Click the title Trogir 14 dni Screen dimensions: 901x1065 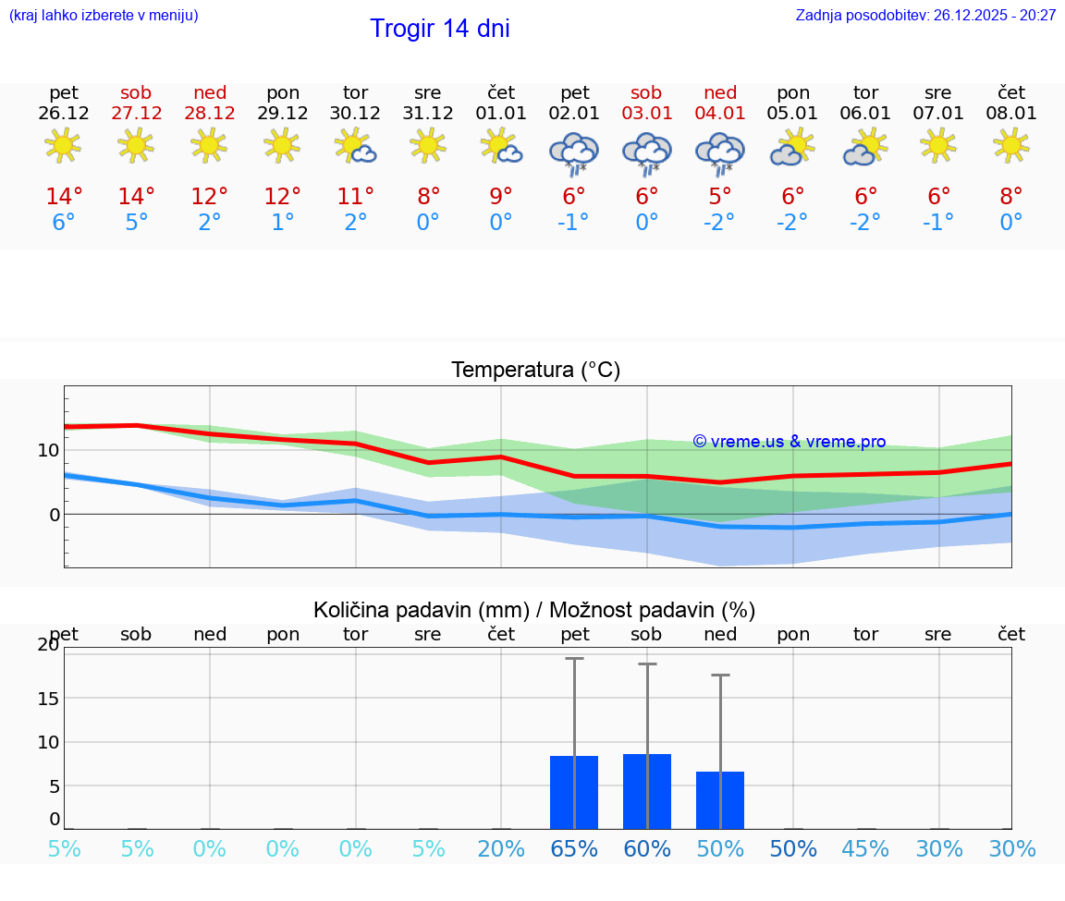pos(439,29)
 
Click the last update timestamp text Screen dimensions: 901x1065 pos(925,15)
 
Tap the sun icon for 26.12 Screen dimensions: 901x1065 pos(63,146)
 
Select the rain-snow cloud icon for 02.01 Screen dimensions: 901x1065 pos(574,152)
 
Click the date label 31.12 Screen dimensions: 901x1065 pos(428,113)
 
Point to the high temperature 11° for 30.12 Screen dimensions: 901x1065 pos(356,197)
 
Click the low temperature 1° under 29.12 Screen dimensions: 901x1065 pos(283,223)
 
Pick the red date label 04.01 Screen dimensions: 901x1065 pos(720,113)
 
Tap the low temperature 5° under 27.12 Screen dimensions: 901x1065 pos(137,223)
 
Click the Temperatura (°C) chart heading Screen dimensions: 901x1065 pos(535,371)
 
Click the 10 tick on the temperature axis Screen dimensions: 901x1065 pos(48,450)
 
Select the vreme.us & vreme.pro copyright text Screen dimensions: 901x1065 pos(789,442)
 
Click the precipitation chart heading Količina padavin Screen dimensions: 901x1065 pos(534,610)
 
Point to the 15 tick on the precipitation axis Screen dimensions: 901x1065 pos(48,698)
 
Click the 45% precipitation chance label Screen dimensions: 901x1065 pos(866,848)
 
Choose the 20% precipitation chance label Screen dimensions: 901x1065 pos(501,848)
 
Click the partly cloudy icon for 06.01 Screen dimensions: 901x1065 pos(865,148)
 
